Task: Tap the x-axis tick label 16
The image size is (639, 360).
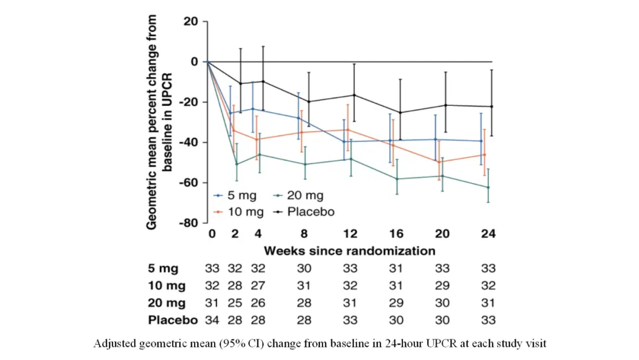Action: [396, 233]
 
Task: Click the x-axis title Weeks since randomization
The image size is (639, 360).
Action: [350, 250]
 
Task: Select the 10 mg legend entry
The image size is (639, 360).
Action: [242, 211]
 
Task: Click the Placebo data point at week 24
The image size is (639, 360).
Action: [492, 107]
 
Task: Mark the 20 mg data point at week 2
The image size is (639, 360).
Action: [237, 164]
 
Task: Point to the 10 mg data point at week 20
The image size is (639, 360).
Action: [440, 162]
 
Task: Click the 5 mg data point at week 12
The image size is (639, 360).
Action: [343, 142]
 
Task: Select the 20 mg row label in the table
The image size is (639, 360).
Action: [167, 303]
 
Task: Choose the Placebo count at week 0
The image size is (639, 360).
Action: [212, 320]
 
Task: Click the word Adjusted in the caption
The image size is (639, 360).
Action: [112, 344]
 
